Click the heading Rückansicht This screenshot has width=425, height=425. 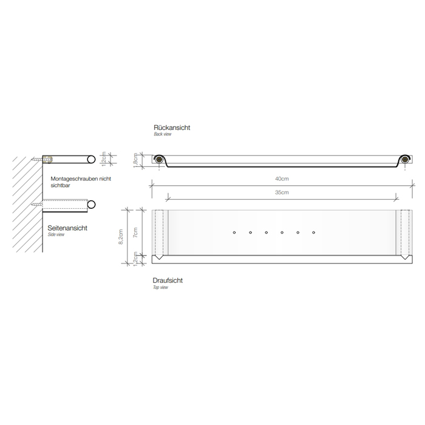tap(172, 128)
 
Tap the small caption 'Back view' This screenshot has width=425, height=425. tap(163, 135)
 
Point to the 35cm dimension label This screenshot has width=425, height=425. tap(280, 192)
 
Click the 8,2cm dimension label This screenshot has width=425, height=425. tap(121, 236)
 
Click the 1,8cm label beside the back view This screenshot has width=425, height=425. tap(137, 159)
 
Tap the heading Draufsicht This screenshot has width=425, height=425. tap(168, 280)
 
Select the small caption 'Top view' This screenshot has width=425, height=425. tap(161, 287)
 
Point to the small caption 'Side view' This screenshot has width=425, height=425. tap(56, 234)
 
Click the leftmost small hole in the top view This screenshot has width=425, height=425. tap(234, 232)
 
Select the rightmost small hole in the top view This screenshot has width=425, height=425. tap(314, 232)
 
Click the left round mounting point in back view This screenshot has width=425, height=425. tap(158, 160)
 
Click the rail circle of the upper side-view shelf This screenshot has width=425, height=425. tap(90, 158)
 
